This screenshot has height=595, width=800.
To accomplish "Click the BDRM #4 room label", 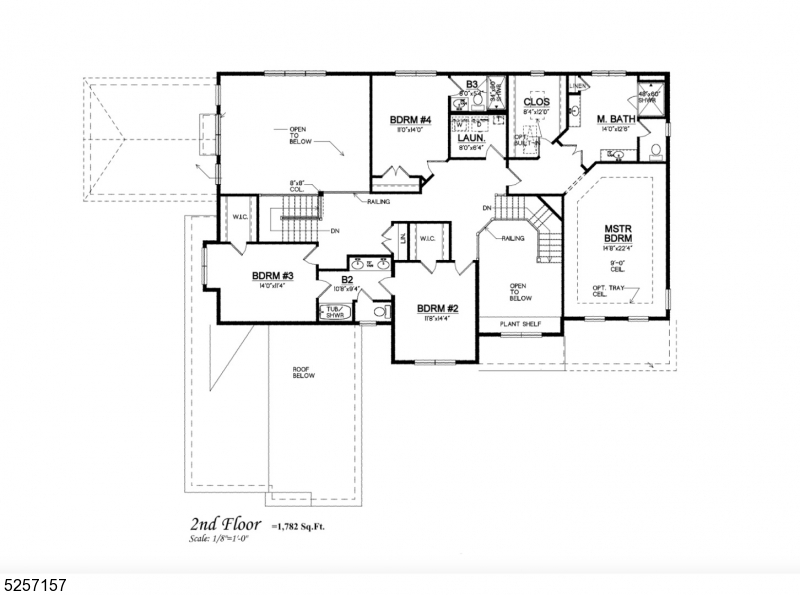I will point(409,121).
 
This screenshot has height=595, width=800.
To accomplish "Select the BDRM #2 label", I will point(438,308).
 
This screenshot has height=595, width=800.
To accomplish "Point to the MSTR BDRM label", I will point(615,234).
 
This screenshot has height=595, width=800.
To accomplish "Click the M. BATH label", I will point(616,120).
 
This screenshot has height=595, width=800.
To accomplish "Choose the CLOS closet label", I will point(537,102).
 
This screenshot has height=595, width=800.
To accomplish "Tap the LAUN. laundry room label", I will point(471,140).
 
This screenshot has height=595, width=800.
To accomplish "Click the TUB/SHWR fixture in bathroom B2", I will point(333,311).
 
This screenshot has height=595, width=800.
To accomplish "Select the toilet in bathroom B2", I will point(378,312).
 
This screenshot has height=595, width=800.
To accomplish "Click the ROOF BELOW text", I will point(304,372).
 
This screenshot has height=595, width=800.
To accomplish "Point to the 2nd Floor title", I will point(226,524).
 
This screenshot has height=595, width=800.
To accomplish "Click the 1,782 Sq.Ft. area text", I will point(303,525).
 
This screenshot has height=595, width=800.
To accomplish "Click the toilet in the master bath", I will point(655,151).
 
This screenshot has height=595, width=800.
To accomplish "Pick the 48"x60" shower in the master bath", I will point(647,98).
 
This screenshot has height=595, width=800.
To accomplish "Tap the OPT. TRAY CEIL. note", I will point(600,291).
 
